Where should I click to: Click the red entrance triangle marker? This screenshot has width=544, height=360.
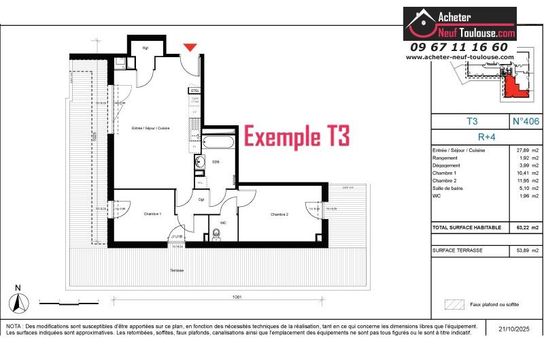191,47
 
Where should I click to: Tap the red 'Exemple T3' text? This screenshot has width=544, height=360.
296,136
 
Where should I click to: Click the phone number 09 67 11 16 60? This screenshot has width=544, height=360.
459,47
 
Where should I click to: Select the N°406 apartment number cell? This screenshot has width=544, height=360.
526,121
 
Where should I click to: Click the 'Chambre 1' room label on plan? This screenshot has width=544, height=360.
152,214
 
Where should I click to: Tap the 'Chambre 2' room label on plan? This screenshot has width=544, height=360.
279,214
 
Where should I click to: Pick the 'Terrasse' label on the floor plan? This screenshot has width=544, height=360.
177,270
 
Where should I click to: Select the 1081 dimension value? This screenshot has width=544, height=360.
237,297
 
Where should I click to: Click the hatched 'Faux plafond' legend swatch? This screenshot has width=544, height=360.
453,304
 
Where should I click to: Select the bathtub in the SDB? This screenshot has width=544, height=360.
218,143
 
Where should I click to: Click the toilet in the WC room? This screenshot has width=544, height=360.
217,234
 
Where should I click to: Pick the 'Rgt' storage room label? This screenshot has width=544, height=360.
146,48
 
